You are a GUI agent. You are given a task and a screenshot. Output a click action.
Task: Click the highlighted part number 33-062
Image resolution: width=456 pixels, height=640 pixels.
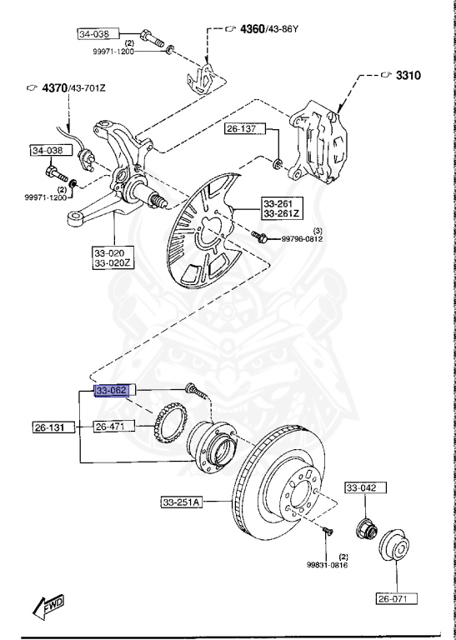tap(110, 390)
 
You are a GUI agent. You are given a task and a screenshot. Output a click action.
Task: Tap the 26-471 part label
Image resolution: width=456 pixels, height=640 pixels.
tap(110, 427)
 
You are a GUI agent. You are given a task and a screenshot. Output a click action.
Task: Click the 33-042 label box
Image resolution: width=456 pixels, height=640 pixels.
tap(362, 488)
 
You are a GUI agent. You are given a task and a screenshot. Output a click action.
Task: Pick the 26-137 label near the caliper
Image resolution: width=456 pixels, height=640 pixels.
tap(241, 130)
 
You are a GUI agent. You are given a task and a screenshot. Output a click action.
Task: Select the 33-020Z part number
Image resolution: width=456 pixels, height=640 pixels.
tap(111, 264)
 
